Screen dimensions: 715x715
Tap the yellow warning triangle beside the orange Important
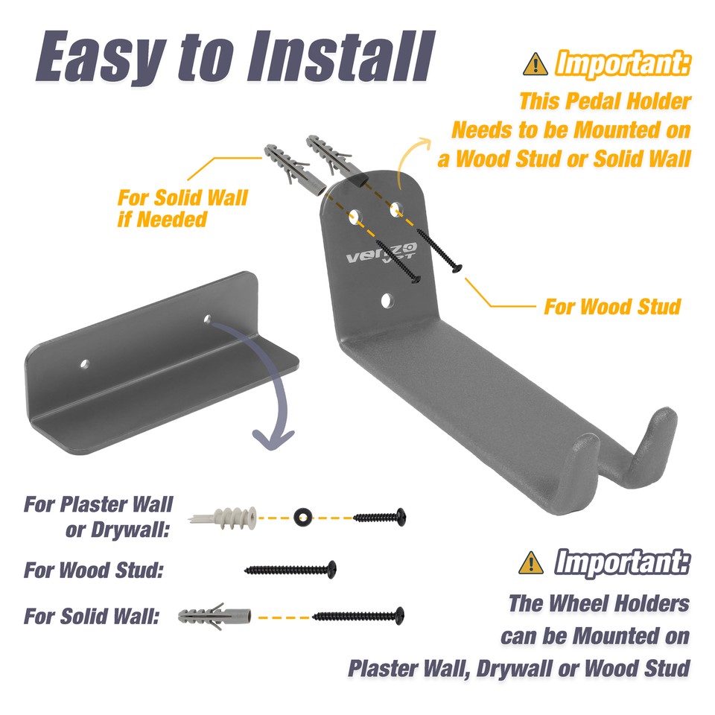click(x=535, y=64)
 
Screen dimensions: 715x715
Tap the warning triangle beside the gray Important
click(x=530, y=562)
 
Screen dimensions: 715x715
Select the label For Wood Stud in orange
click(x=612, y=306)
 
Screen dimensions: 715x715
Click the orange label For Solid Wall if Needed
click(x=182, y=209)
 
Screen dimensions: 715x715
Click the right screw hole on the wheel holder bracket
click(x=208, y=320)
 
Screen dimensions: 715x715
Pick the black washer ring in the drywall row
click(x=302, y=516)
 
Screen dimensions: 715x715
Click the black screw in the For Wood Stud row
click(x=290, y=570)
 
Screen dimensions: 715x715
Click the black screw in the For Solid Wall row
click(x=358, y=616)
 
